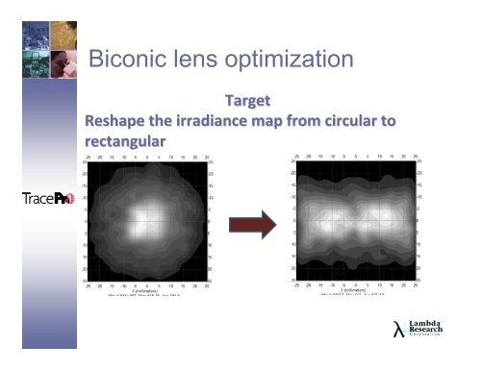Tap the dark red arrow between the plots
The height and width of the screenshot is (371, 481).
[246, 223]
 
